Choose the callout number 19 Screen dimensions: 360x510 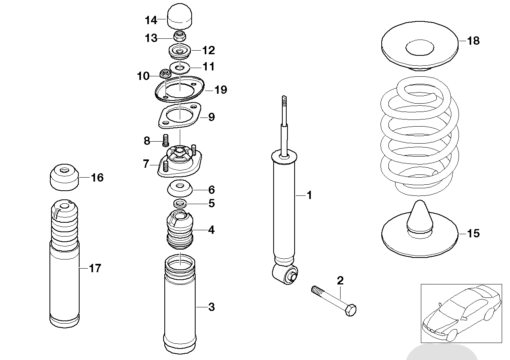[x=221, y=90]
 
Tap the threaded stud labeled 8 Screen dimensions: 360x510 [x=166, y=140]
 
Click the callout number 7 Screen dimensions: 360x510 [x=146, y=163]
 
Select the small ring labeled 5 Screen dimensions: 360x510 [x=180, y=203]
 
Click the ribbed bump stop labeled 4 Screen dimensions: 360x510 [x=180, y=229]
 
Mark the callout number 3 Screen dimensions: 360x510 [x=211, y=307]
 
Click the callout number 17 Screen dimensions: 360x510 [x=95, y=269]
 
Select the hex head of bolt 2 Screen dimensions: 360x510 [x=351, y=310]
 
